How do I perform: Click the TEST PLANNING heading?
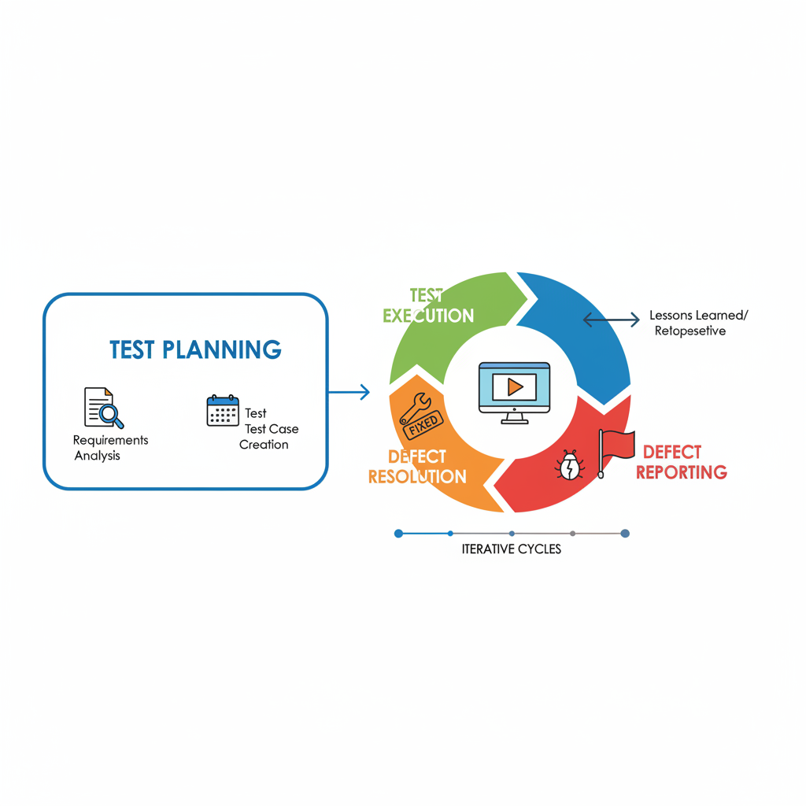point(194,349)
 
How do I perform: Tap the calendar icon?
point(223,411)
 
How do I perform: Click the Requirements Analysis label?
point(110,447)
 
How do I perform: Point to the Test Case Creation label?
point(268,429)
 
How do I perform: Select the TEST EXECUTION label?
point(428,306)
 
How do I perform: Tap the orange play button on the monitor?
point(515,386)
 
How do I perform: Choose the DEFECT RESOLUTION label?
point(417,467)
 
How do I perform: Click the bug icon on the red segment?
point(570,466)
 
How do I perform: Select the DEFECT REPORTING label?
point(682,462)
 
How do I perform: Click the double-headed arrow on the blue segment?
point(611,319)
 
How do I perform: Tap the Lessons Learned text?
point(699,316)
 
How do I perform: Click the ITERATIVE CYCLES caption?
point(512,549)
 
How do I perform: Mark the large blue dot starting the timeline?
point(398,533)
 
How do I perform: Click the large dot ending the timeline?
point(625,533)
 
